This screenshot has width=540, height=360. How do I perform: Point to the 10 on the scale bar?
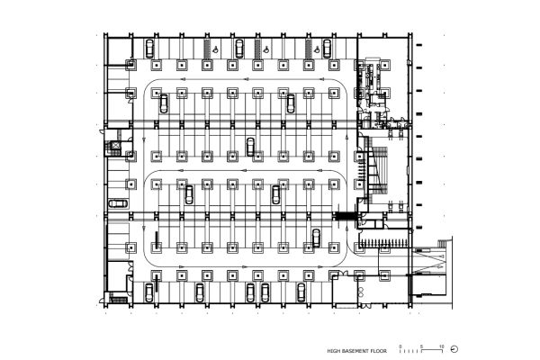(x=441, y=345)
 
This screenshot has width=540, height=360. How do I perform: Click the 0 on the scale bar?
(x=401, y=345)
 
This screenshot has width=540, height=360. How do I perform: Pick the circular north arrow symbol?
(x=454, y=348)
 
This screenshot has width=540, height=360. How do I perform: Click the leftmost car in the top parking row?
(x=149, y=47)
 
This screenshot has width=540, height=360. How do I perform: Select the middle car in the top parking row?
(x=239, y=47)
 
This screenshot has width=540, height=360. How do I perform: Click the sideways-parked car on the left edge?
(x=118, y=203)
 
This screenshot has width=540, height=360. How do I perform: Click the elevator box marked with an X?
(x=113, y=143)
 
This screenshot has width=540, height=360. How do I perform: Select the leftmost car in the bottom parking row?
(x=149, y=291)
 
